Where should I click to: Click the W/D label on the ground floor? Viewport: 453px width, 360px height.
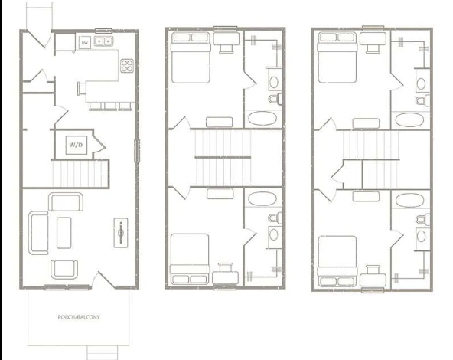pyautogui.click(x=77, y=143)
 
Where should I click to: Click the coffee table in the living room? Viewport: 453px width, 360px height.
pyautogui.click(x=64, y=231)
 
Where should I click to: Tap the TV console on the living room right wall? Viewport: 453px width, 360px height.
pyautogui.click(x=122, y=232)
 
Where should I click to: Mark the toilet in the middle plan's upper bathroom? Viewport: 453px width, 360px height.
pyautogui.click(x=273, y=100)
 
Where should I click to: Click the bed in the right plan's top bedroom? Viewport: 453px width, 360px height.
pyautogui.click(x=337, y=57)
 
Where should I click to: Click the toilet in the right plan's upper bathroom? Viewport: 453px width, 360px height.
pyautogui.click(x=420, y=100)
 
